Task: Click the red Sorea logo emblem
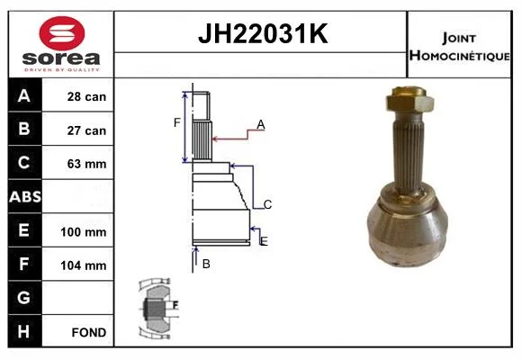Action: [62, 33]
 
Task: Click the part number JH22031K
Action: [263, 33]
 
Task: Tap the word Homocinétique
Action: [460, 56]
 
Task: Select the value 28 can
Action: [86, 96]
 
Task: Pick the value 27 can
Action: [86, 130]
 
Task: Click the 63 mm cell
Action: [86, 164]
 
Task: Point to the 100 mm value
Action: [83, 232]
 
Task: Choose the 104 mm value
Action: [83, 265]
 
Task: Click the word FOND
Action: [89, 332]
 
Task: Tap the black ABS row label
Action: [25, 196]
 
